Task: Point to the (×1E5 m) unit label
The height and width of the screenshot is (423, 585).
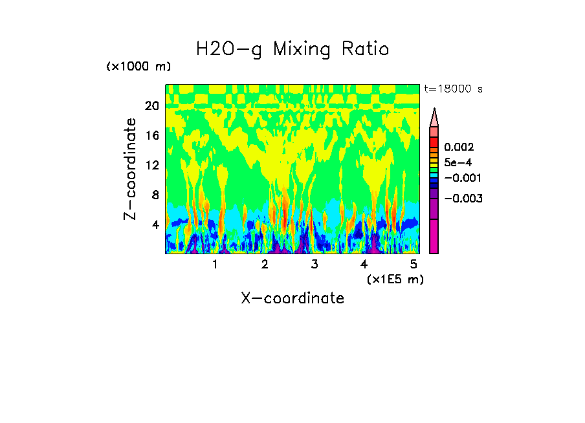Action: pyautogui.click(x=395, y=279)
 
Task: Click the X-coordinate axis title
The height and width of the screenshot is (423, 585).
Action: pyautogui.click(x=292, y=298)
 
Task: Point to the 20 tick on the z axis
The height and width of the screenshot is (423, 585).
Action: pyautogui.click(x=151, y=106)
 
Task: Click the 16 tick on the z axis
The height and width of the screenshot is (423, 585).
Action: pyautogui.click(x=151, y=136)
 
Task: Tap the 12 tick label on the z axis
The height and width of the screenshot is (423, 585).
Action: pyautogui.click(x=151, y=166)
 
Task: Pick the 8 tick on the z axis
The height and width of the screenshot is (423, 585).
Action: pyautogui.click(x=155, y=195)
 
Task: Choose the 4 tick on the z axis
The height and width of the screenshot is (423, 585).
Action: pyautogui.click(x=155, y=225)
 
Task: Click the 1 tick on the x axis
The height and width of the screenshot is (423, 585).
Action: pyautogui.click(x=215, y=264)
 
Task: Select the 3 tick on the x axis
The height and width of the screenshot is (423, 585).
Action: pyautogui.click(x=315, y=264)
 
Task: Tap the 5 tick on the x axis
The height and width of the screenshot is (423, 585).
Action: pyautogui.click(x=414, y=264)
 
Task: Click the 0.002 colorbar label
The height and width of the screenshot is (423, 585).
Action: pyautogui.click(x=459, y=147)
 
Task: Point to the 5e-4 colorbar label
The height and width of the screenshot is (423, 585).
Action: pyautogui.click(x=457, y=163)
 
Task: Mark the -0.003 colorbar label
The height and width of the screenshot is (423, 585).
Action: pyautogui.click(x=462, y=199)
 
